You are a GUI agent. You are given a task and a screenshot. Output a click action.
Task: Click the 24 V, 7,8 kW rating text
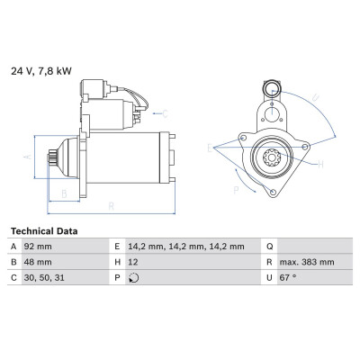pos(41,71)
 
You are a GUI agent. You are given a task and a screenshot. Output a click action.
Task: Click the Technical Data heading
pos(44,231)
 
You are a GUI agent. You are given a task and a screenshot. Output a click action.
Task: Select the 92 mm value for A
pos(38,247)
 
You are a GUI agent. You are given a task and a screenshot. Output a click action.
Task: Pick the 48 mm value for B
pos(38,262)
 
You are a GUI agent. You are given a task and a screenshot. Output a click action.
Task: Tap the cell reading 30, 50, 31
pos(44,278)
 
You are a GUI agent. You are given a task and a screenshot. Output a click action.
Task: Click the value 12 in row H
pos(133,262)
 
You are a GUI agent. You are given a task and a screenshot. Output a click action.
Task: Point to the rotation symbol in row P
pos(133,278)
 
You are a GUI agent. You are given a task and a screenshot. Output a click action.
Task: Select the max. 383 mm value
pos(307,262)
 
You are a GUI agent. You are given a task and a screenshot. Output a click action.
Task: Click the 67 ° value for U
pos(288,278)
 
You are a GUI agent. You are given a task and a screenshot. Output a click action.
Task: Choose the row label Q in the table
pos(270,247)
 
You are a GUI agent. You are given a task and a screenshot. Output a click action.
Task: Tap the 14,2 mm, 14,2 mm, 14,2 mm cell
pos(186,247)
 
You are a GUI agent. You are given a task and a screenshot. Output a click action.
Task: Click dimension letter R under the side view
pos(112,206)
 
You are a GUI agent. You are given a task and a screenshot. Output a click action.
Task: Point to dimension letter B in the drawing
pos(64,194)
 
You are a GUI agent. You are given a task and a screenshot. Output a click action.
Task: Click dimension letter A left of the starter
pos(28,157)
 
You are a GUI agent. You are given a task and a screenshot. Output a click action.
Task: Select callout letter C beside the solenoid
pos(166,114)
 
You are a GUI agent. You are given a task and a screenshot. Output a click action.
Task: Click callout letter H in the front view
pos(320,165)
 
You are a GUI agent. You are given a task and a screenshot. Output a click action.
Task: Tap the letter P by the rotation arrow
pos(237,190)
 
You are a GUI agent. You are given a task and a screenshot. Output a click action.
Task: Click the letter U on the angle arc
pos(315,97)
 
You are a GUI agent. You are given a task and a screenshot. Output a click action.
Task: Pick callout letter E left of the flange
pos(210,148)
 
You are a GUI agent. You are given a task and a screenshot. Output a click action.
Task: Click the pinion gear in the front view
pos(272,157)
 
